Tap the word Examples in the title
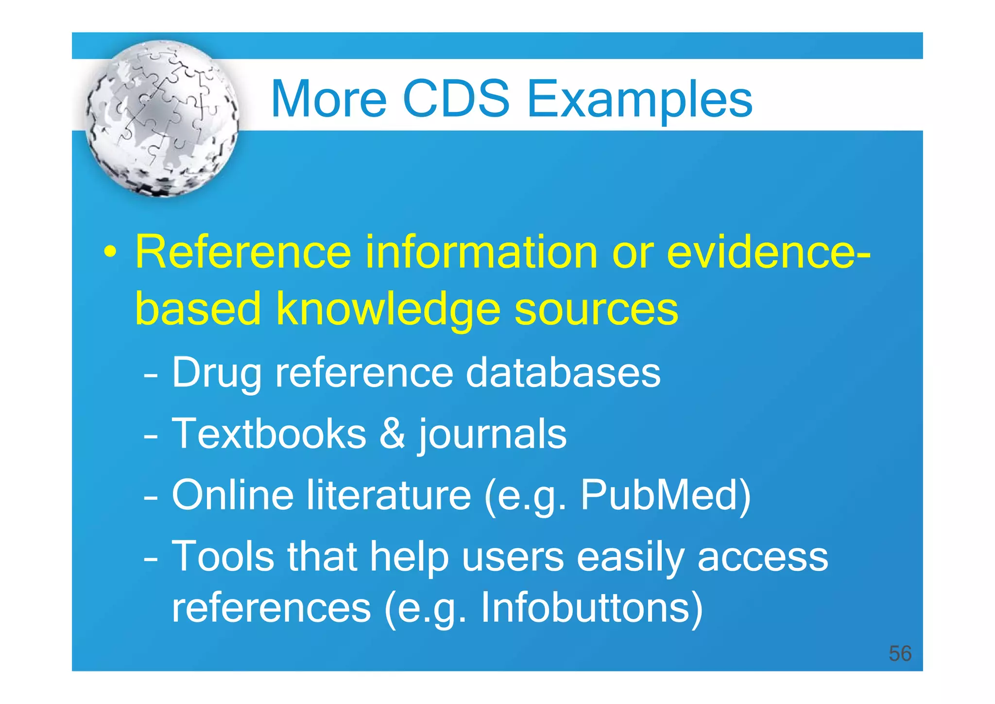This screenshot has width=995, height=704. [639, 100]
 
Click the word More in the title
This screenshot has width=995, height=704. [328, 99]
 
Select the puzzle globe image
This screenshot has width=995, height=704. [162, 118]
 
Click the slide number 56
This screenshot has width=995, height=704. [900, 653]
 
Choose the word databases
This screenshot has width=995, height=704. [563, 372]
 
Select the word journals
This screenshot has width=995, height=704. [492, 434]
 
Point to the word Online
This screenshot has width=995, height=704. [232, 495]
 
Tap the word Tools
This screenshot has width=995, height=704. [223, 556]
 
